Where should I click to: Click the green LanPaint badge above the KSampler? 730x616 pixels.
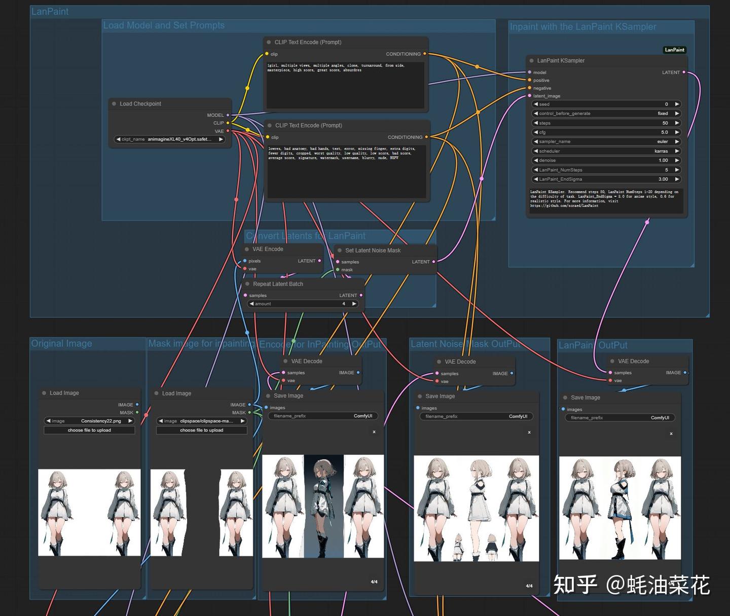(x=674, y=50)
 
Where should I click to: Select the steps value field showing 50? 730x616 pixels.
(x=606, y=123)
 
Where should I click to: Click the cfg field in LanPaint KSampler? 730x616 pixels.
(x=606, y=132)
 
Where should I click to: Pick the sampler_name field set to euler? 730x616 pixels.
(x=606, y=141)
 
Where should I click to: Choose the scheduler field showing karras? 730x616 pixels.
(x=606, y=151)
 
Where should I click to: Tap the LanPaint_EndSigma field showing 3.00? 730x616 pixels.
(x=606, y=179)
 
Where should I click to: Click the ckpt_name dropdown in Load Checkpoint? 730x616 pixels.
(x=169, y=139)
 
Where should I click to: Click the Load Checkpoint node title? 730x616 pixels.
(x=140, y=104)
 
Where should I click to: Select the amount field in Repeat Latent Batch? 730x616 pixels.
(x=303, y=304)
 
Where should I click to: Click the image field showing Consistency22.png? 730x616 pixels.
(x=89, y=421)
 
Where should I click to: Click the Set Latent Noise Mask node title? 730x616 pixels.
(x=373, y=250)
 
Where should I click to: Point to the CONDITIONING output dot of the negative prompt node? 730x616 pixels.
(x=426, y=137)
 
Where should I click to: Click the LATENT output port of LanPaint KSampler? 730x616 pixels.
(x=684, y=73)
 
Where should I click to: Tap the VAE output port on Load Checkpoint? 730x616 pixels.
(x=228, y=131)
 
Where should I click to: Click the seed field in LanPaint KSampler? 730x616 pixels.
(x=606, y=104)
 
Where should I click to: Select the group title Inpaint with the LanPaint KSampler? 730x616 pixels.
(x=583, y=27)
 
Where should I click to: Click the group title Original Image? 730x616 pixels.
(x=62, y=344)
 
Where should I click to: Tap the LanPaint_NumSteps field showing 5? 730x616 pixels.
(x=606, y=170)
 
